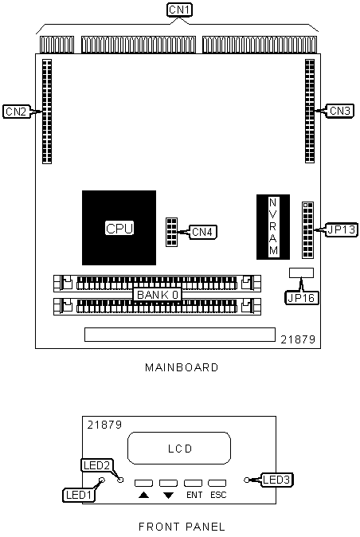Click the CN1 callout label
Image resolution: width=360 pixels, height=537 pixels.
coord(179,10)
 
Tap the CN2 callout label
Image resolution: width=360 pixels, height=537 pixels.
coord(16,112)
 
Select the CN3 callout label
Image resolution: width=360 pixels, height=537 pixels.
coord(340,111)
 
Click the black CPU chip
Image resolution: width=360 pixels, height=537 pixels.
coord(119,228)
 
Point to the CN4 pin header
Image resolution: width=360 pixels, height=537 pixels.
coord(171,232)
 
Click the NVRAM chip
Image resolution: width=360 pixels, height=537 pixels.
coord(273,227)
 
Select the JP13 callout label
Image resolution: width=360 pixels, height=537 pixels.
coord(342,229)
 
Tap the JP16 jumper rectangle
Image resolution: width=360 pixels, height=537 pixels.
coord(301,272)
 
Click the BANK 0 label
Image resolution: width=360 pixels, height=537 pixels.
coord(158,295)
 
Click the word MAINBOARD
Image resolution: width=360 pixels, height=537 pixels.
coord(182,367)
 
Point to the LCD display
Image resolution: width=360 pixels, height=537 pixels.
coord(179,448)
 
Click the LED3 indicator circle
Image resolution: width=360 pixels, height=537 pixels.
coord(247,480)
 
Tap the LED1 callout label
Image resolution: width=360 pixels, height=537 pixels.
coord(79,495)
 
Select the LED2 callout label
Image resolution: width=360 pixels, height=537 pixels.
coord(96,465)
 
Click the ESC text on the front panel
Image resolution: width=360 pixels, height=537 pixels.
coord(218,495)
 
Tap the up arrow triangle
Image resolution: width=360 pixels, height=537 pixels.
coord(143,495)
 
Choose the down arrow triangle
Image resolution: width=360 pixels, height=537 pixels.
coord(168,496)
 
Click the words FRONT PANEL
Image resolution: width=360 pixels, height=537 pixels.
coord(182,527)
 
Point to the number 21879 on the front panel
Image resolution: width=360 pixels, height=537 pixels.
coord(104,425)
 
